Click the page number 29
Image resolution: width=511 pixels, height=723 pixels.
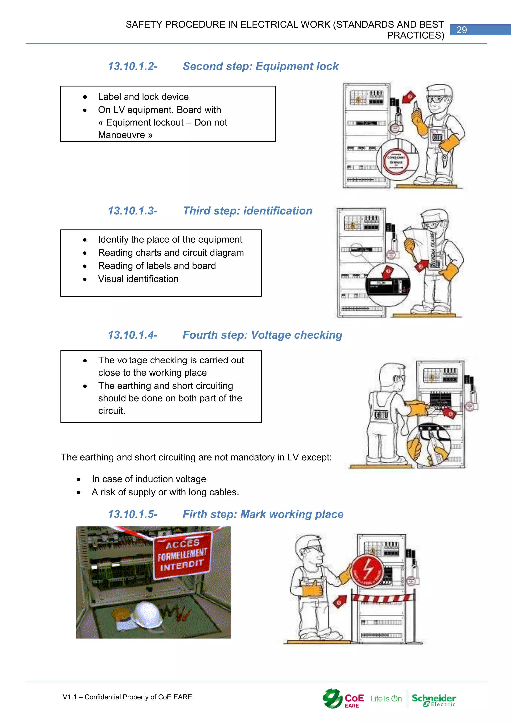(x=461, y=30)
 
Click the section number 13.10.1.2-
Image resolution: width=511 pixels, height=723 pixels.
(x=132, y=66)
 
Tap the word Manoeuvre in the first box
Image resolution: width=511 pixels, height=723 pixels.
(x=122, y=135)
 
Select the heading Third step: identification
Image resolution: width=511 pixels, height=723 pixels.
(x=247, y=211)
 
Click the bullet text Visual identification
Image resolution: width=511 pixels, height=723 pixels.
(x=138, y=279)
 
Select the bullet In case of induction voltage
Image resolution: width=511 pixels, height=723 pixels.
(x=149, y=479)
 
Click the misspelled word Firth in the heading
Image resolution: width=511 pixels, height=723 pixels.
(x=194, y=514)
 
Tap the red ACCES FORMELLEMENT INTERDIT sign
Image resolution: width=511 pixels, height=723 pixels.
(x=182, y=555)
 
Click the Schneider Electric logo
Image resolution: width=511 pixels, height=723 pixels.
(x=434, y=700)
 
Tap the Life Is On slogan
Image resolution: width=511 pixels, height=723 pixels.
(x=386, y=699)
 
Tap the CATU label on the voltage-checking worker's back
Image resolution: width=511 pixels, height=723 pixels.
(x=381, y=415)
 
